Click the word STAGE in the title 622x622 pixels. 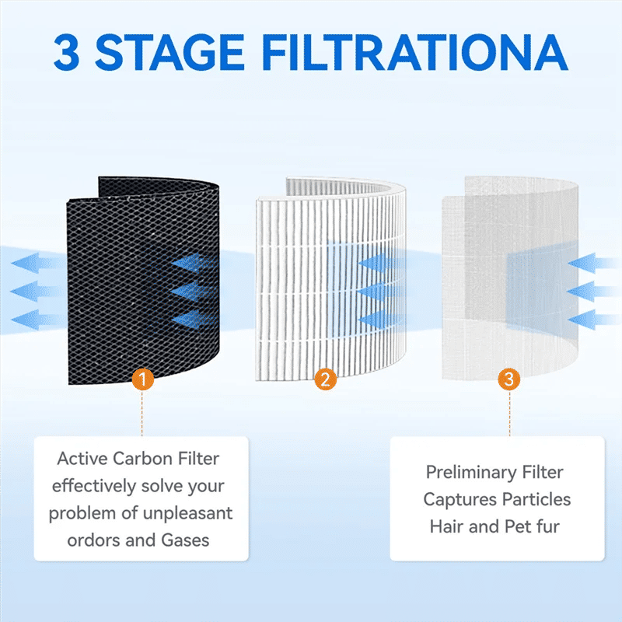tap(169, 52)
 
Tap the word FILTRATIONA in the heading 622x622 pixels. tap(415, 52)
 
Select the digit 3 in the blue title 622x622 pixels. tap(66, 52)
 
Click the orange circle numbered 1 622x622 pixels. tap(143, 379)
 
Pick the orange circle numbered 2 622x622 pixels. tap(325, 379)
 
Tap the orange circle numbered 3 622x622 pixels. tap(509, 379)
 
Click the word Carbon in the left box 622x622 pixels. tap(142, 459)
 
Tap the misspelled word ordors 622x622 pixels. tap(93, 540)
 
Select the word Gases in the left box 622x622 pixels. tap(185, 540)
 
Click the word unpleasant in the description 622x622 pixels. tap(187, 513)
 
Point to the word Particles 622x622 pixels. tap(531, 499)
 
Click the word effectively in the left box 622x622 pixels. tap(94, 487)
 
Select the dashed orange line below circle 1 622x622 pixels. tap(142, 414)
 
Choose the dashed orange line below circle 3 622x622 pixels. tap(509, 414)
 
